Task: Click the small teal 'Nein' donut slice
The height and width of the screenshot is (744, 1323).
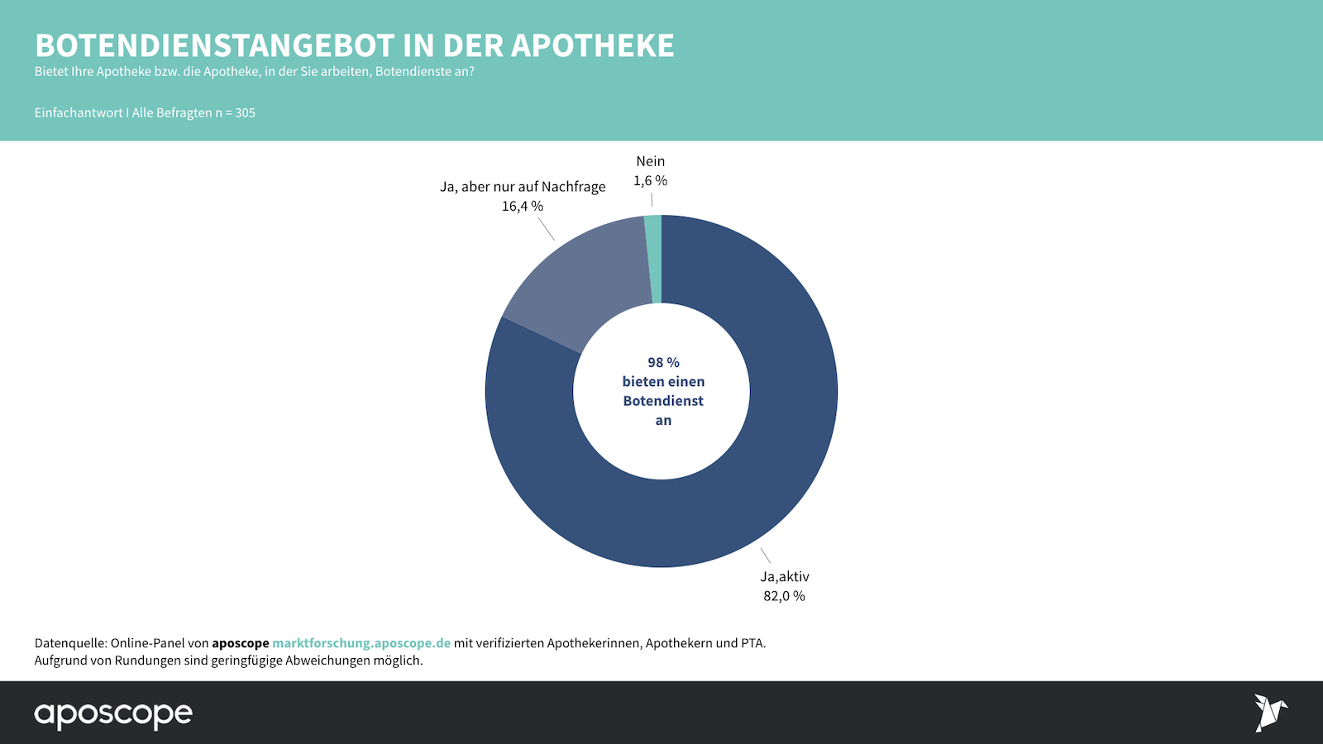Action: (653, 259)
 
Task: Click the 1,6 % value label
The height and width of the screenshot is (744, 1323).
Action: (650, 180)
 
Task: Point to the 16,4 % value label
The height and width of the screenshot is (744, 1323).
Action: (522, 206)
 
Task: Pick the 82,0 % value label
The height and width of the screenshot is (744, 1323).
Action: (784, 596)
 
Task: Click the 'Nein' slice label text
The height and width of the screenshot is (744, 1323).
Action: (650, 161)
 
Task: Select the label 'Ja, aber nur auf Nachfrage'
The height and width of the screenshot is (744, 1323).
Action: (522, 187)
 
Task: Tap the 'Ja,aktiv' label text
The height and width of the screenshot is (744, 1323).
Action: (784, 577)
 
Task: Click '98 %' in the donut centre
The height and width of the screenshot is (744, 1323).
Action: (663, 362)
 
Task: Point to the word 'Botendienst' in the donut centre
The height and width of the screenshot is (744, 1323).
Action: (663, 401)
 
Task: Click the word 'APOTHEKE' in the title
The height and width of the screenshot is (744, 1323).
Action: (592, 45)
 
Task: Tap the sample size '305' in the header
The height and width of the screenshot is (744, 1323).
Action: (245, 112)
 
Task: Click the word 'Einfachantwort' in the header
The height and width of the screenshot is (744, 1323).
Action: (79, 112)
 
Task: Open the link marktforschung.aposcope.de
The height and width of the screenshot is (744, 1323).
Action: (361, 643)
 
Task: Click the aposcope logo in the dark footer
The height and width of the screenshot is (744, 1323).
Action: (113, 714)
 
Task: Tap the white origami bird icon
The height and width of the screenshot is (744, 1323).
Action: (1270, 713)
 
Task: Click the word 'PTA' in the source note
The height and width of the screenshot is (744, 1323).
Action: (752, 643)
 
